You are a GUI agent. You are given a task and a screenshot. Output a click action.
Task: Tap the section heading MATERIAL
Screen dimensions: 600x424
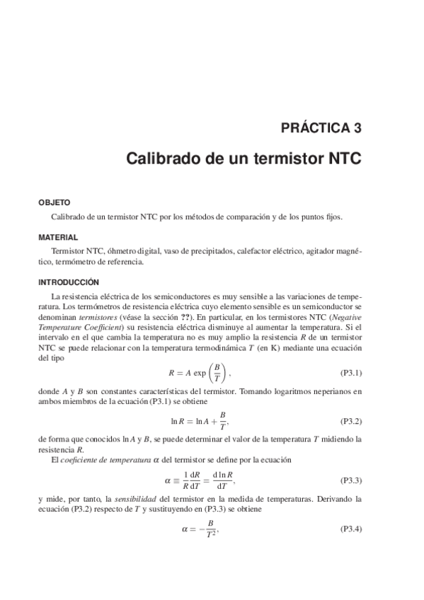[58, 238]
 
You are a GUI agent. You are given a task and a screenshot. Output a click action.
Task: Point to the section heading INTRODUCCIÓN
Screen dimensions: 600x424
[69, 281]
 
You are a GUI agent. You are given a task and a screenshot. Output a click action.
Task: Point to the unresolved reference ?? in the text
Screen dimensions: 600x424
[205, 318]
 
